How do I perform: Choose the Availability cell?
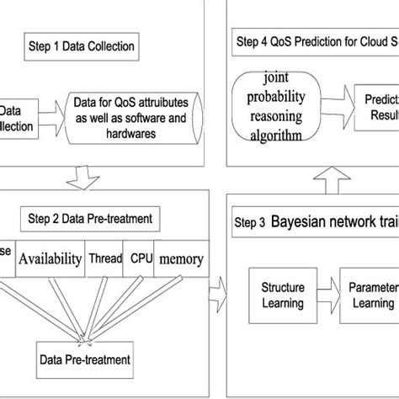[x=50, y=259]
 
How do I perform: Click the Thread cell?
[x=104, y=259]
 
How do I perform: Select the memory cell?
[x=180, y=259]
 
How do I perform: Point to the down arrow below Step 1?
[x=85, y=173]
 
